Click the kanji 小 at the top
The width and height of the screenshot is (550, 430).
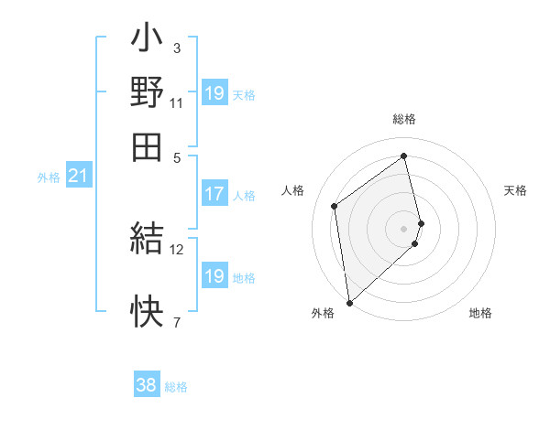pyautogui.click(x=147, y=42)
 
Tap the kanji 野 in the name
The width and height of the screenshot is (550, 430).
pyautogui.click(x=147, y=92)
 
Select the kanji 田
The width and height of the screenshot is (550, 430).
pyautogui.click(x=147, y=145)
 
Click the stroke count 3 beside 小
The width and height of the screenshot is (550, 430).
pyautogui.click(x=176, y=48)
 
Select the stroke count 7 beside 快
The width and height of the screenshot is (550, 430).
pyautogui.click(x=176, y=322)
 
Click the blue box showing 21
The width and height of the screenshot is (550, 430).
pyautogui.click(x=78, y=176)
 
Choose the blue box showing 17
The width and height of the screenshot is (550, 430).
pyautogui.click(x=214, y=194)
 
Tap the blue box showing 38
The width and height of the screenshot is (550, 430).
pyautogui.click(x=147, y=385)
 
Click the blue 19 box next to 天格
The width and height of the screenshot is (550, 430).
pyautogui.click(x=214, y=93)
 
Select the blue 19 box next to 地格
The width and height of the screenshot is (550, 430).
pyautogui.click(x=214, y=276)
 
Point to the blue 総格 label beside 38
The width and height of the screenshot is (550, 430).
pyautogui.click(x=176, y=387)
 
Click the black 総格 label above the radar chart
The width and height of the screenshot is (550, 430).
pyautogui.click(x=404, y=120)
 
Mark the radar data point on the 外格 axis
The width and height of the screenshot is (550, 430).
pyautogui.click(x=349, y=302)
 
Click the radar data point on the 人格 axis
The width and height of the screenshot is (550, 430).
pyautogui.click(x=335, y=206)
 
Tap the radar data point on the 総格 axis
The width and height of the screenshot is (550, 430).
pyautogui.click(x=404, y=156)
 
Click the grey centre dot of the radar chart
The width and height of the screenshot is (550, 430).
pyautogui.click(x=404, y=228)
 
